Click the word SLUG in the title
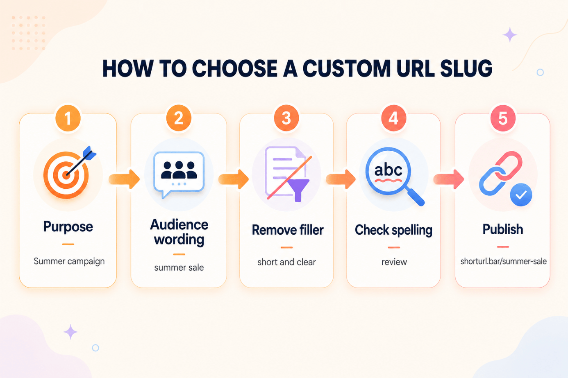[466, 68]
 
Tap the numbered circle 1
[68, 118]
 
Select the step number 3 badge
[286, 118]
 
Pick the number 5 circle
[503, 118]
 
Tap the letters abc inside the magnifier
[388, 170]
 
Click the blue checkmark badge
[521, 195]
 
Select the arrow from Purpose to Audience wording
[124, 179]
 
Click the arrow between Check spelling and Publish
[449, 179]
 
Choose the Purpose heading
[68, 226]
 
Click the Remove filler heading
[288, 230]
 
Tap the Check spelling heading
[393, 230]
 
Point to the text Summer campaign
[69, 261]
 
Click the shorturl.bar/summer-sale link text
[503, 261]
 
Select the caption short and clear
[286, 262]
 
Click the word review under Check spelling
[394, 262]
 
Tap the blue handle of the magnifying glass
[416, 197]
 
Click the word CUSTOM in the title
[347, 68]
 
